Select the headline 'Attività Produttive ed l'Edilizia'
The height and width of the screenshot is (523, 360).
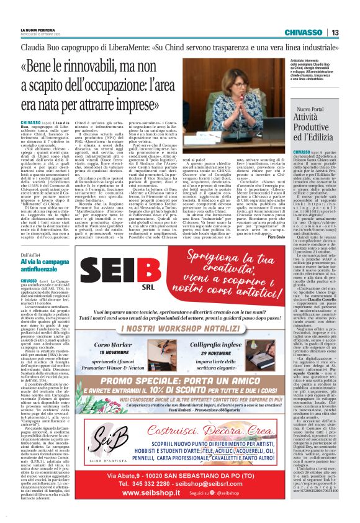coord(313,127)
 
